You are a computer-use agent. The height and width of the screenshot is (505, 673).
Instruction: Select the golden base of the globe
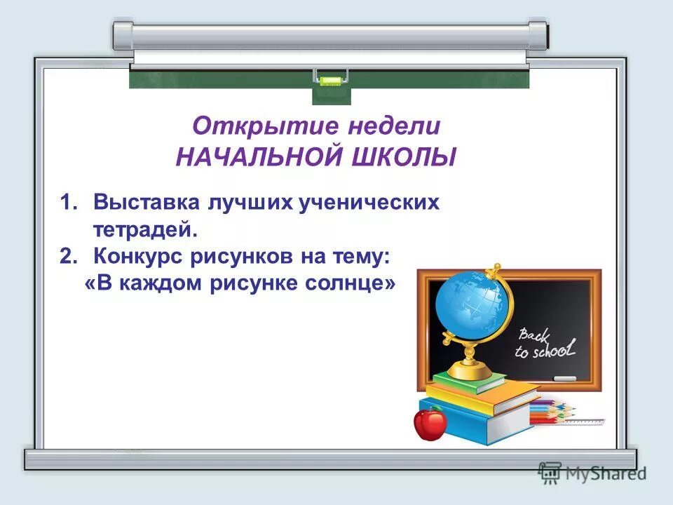[x=469, y=368]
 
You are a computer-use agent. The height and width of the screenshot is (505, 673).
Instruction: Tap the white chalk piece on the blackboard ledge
[x=564, y=379]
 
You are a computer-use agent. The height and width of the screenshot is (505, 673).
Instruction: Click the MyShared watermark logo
[x=592, y=472]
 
